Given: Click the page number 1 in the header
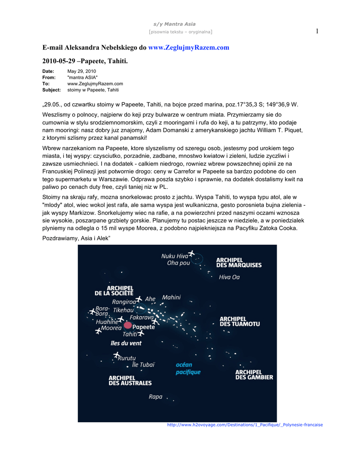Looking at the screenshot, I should click(x=317, y=31).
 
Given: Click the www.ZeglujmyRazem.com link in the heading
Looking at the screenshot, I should click(x=189, y=47).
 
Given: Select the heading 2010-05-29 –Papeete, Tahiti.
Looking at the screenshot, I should click(x=86, y=61).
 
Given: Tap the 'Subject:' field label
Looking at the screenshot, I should click(x=51, y=90).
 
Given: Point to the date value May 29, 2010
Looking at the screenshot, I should click(x=81, y=71).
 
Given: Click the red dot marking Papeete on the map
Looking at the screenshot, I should click(x=127, y=325).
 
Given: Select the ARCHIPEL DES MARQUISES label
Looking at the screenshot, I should click(x=238, y=263).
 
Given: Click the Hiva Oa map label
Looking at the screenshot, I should click(x=229, y=277).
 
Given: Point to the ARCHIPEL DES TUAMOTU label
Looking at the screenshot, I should click(x=240, y=321).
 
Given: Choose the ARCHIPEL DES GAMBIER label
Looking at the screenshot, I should click(x=254, y=375).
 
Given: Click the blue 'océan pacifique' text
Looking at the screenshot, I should click(x=188, y=368).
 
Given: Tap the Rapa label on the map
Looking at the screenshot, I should click(x=155, y=397).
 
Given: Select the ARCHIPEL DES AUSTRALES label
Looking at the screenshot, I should click(x=130, y=380).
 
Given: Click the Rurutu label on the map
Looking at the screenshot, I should click(x=127, y=358).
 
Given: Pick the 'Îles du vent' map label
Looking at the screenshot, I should click(x=126, y=343).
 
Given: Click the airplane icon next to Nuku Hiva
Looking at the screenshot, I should click(x=191, y=254).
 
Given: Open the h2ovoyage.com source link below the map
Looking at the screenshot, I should click(x=245, y=425).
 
